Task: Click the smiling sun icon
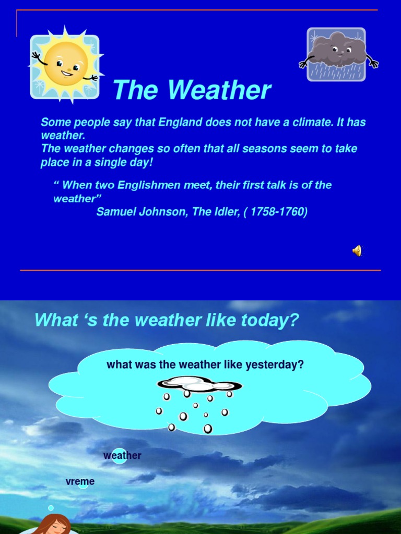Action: pos(65,65)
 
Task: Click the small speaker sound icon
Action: pos(357,251)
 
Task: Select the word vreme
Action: pos(80,481)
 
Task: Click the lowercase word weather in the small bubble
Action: pos(122,455)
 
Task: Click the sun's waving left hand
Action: pos(36,55)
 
